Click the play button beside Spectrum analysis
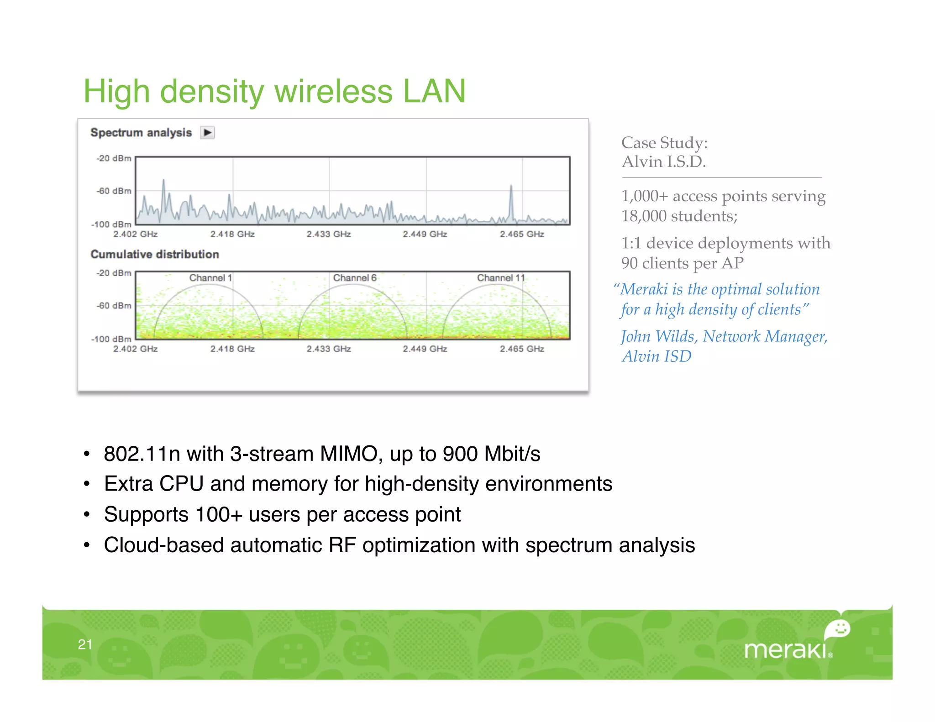[x=207, y=133]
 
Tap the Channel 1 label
[x=210, y=278]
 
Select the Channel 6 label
[x=355, y=278]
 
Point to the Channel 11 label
[x=501, y=278]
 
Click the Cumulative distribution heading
[x=155, y=254]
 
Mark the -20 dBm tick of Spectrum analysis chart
[x=114, y=158]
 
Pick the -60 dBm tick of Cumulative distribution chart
[x=114, y=305]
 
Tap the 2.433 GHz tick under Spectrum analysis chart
[x=329, y=234]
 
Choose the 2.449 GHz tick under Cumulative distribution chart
[x=425, y=349]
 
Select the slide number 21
[x=85, y=644]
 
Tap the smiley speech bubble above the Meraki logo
[x=838, y=629]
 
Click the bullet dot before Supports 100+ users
[x=87, y=515]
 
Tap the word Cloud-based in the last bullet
[x=163, y=545]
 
